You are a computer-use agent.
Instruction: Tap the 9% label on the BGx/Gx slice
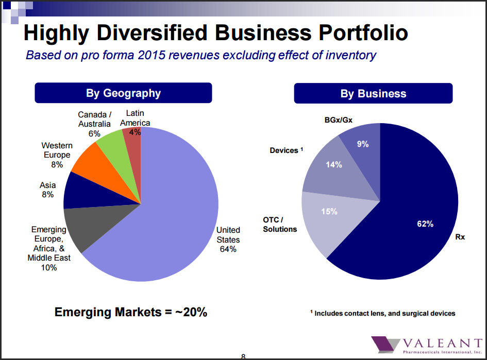363,144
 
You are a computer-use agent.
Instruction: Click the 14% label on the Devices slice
334,165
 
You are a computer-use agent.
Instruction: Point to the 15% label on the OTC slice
329,211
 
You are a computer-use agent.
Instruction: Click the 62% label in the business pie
425,224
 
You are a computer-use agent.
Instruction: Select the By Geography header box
123,93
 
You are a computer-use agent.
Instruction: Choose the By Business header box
373,94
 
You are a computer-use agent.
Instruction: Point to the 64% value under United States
228,249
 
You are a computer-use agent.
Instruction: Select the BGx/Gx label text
338,121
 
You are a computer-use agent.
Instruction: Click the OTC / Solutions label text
280,224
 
